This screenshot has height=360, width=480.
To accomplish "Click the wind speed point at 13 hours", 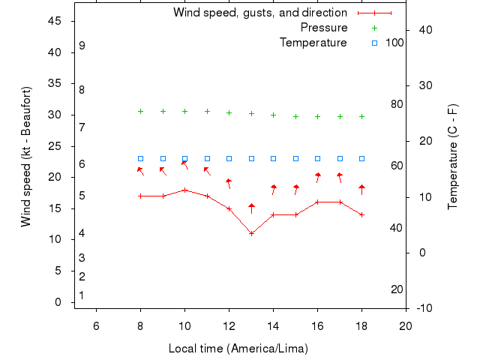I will coord(251,233).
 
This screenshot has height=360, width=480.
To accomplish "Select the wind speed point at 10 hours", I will coord(184,190).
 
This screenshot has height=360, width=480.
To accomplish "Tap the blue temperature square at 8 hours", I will coord(140,159).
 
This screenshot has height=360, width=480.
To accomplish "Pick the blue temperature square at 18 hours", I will coord(361,159).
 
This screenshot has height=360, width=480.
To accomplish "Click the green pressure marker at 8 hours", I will coord(140,111).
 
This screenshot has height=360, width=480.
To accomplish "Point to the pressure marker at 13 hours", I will coord(251,114).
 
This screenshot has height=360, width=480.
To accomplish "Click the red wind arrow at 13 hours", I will coord(251,207).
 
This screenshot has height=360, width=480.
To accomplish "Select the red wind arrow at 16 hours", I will coord(318,177).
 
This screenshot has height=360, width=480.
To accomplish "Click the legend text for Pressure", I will coord(324,28).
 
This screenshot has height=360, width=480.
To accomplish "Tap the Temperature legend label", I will coord(313,43).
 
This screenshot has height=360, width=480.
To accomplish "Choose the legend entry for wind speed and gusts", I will coord(260,13).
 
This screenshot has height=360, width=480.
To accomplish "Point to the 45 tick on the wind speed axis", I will coord(54,21).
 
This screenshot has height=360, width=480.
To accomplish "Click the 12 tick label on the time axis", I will coord(229,325).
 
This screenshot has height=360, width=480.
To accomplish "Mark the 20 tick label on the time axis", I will coord(406,325).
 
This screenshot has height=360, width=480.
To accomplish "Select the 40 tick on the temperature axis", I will coord(422,29).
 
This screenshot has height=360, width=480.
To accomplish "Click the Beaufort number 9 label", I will coord(82,46).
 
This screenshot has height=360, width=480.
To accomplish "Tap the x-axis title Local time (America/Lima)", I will coord(238,349).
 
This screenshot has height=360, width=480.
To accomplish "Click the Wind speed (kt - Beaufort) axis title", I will coord(26,157).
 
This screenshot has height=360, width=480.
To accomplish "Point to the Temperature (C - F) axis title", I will coord(454,157).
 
